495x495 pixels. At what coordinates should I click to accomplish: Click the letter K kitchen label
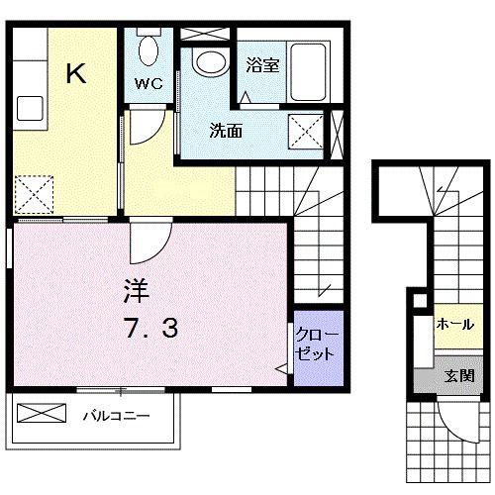click(x=76, y=73)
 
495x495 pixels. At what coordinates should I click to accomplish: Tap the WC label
click(x=148, y=84)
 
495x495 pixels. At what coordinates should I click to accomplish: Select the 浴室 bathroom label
click(x=262, y=65)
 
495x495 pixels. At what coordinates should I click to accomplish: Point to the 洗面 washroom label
click(x=226, y=131)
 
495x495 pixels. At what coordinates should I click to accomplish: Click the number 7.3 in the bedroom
click(x=151, y=328)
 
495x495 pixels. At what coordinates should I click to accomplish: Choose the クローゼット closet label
click(x=317, y=345)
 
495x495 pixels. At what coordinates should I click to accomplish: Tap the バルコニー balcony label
click(x=116, y=416)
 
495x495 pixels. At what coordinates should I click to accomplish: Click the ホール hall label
click(x=455, y=325)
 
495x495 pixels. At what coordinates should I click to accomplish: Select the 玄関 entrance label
click(x=459, y=376)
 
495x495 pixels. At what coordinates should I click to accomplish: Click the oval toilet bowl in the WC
click(x=148, y=50)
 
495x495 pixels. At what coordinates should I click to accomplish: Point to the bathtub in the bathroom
click(x=308, y=71)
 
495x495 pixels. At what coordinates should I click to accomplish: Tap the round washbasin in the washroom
click(x=211, y=62)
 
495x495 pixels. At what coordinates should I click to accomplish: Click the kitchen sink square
click(x=30, y=108)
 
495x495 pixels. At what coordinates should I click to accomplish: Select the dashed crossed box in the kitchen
click(x=35, y=194)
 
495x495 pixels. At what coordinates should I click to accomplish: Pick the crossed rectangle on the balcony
click(x=42, y=413)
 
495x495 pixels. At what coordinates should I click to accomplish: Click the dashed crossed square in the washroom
click(x=306, y=131)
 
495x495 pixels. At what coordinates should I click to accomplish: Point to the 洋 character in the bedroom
click(x=137, y=291)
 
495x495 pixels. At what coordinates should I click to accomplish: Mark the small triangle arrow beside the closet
click(x=281, y=368)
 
